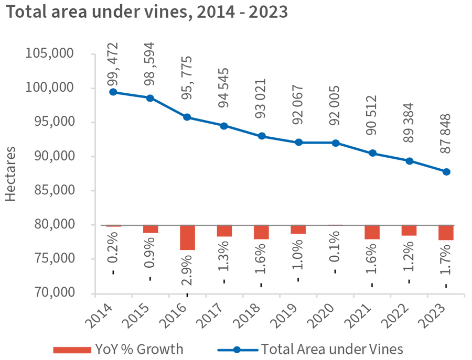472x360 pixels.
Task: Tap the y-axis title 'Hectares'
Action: (x=12, y=173)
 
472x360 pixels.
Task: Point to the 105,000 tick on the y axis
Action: (x=52, y=54)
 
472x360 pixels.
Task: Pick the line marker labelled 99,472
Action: (x=113, y=92)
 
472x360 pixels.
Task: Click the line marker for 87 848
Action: (x=446, y=172)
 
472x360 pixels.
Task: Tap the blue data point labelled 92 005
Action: (x=335, y=143)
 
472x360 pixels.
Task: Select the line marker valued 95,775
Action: (x=187, y=117)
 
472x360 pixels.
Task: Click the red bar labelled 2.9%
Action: (x=187, y=237)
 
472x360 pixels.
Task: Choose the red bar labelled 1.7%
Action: (x=446, y=233)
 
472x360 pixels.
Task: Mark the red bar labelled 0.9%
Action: (x=151, y=229)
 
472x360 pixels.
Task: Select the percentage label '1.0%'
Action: (x=298, y=255)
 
